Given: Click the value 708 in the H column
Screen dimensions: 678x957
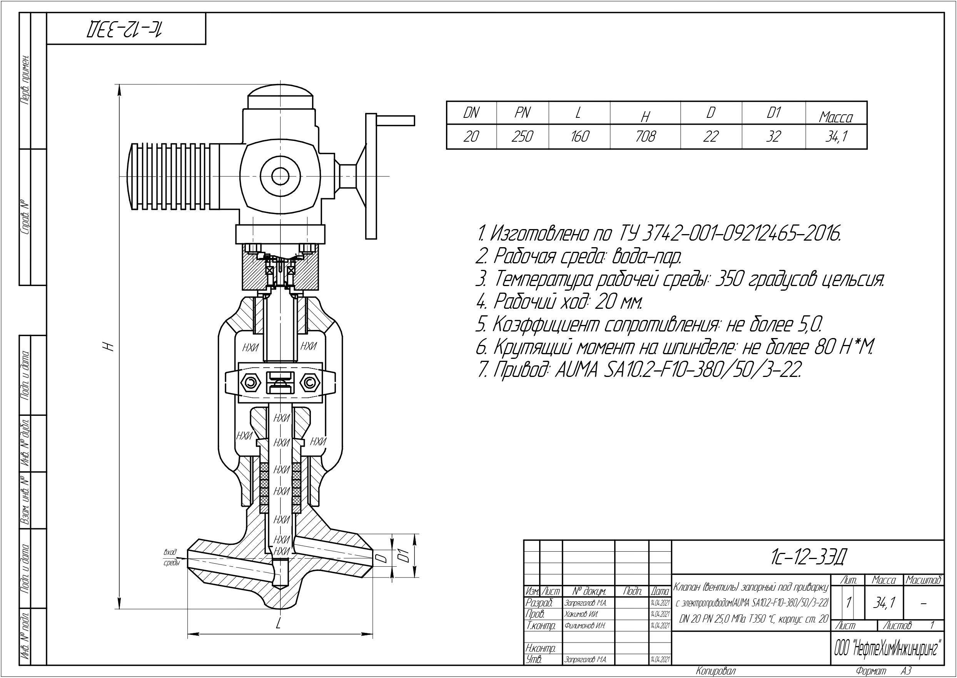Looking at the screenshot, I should tap(645, 137).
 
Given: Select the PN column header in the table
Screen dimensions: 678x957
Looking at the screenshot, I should tap(522, 113).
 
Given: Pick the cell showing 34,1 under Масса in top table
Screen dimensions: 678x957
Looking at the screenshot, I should tap(836, 137).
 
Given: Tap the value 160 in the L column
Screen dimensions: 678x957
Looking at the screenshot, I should tap(579, 137).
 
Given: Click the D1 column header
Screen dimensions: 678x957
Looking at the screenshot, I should tap(773, 113).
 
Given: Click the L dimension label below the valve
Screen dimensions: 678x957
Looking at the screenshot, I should tap(278, 624).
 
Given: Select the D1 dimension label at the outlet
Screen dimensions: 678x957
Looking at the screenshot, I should tap(403, 556).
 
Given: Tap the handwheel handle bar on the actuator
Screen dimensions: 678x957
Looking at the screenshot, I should tap(396, 121).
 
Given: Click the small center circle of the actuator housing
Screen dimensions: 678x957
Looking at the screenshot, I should tap(281, 176).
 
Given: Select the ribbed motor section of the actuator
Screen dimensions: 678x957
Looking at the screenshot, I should tap(171, 177).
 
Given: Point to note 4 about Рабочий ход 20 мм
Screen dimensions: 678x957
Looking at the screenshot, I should tap(559, 301).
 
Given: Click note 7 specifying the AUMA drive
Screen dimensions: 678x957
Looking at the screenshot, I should tap(638, 370).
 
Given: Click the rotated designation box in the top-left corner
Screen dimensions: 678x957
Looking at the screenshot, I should tap(126, 28).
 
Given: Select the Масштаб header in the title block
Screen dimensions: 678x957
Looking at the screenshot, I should tap(923, 580).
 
